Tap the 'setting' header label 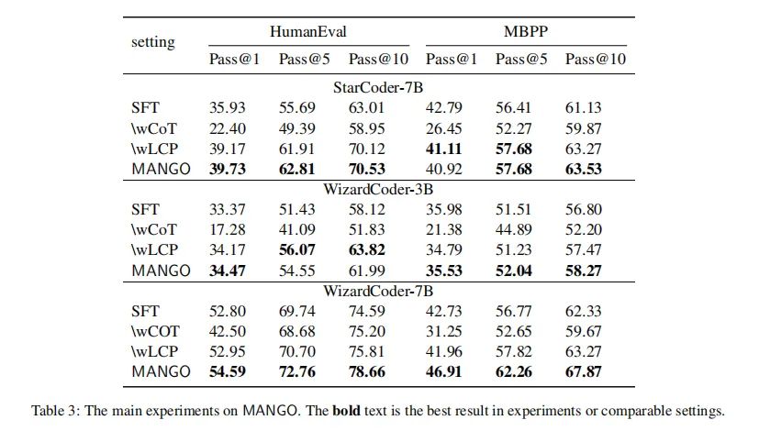click(152, 42)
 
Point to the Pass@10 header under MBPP click(595, 60)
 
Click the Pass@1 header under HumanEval click(232, 60)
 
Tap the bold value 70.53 click(367, 168)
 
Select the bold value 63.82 click(367, 250)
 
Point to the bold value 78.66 click(367, 372)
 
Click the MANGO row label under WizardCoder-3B click(162, 271)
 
